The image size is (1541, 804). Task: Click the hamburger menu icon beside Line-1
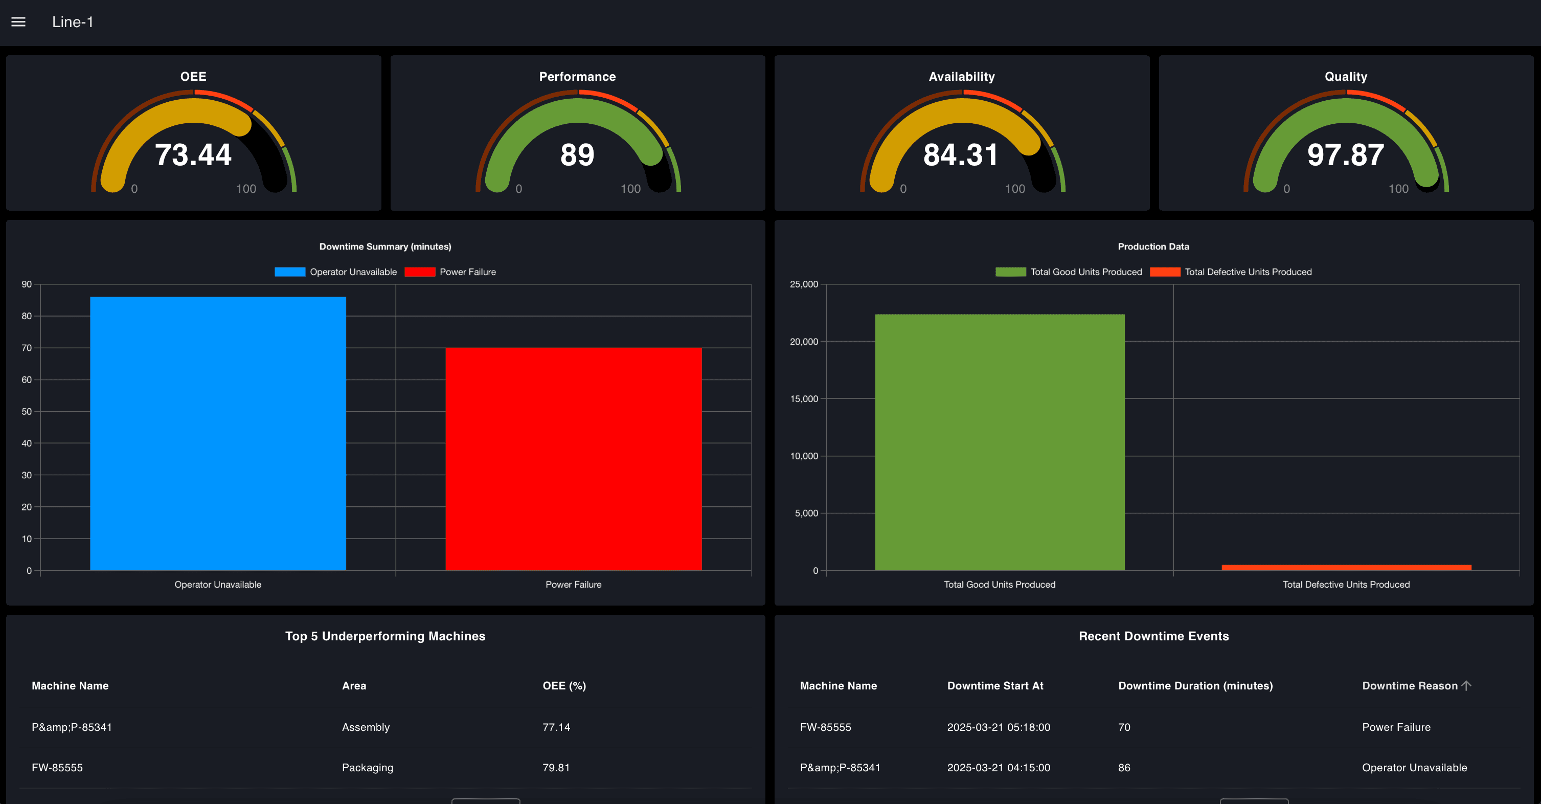click(18, 22)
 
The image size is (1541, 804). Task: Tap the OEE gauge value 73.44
click(193, 155)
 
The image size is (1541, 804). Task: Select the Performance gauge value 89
click(577, 155)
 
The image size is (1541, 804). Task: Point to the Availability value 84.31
click(961, 155)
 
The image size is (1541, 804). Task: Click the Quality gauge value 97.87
click(1345, 155)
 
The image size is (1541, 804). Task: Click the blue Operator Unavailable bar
click(218, 433)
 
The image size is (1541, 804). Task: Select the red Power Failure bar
click(573, 458)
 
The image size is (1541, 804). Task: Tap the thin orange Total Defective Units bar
click(1346, 567)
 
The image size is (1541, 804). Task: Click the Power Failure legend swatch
click(419, 272)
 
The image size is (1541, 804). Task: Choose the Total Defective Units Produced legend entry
click(1248, 272)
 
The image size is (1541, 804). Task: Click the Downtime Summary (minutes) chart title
click(386, 247)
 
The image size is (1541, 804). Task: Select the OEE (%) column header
click(563, 685)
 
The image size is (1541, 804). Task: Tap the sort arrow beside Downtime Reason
click(1466, 685)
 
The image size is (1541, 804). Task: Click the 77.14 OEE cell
click(556, 727)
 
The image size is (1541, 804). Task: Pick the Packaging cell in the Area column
click(367, 768)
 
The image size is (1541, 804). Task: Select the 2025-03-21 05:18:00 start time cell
click(999, 727)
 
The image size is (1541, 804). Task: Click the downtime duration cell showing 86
click(1124, 768)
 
